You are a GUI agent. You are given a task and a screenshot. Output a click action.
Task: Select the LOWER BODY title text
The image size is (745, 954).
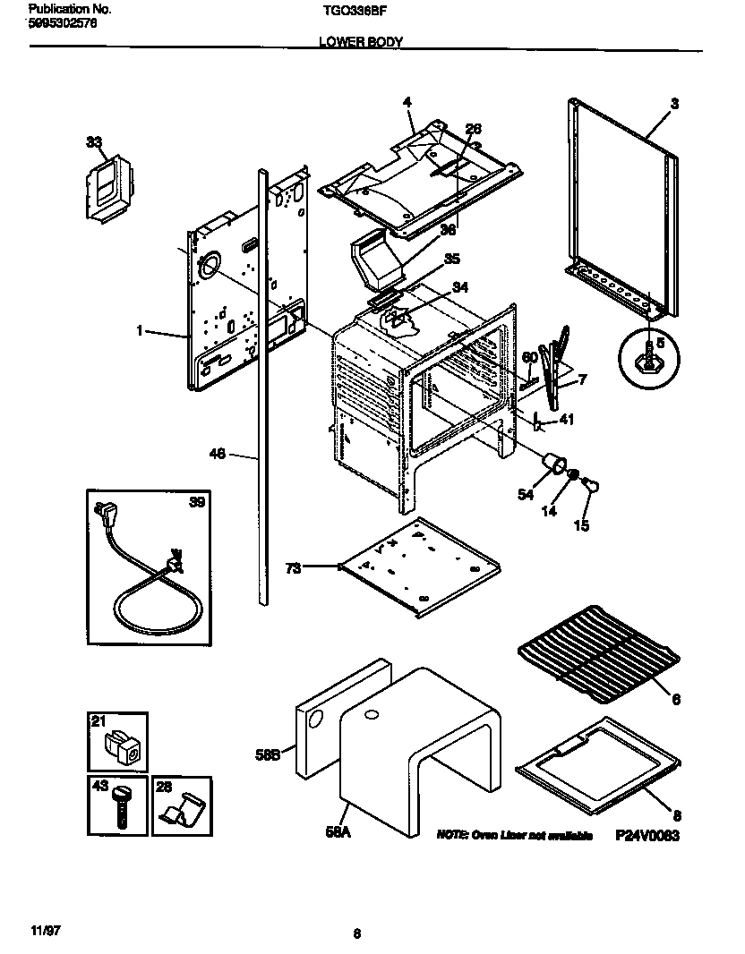pos(361,41)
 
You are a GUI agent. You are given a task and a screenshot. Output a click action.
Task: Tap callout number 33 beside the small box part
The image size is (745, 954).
pos(93,141)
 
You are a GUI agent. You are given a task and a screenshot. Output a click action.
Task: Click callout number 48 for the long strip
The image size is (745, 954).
pos(217,455)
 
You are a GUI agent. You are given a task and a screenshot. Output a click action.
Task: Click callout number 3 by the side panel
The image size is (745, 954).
pos(673,105)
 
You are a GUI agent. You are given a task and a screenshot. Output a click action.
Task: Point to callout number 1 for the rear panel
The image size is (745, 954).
pos(140,331)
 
